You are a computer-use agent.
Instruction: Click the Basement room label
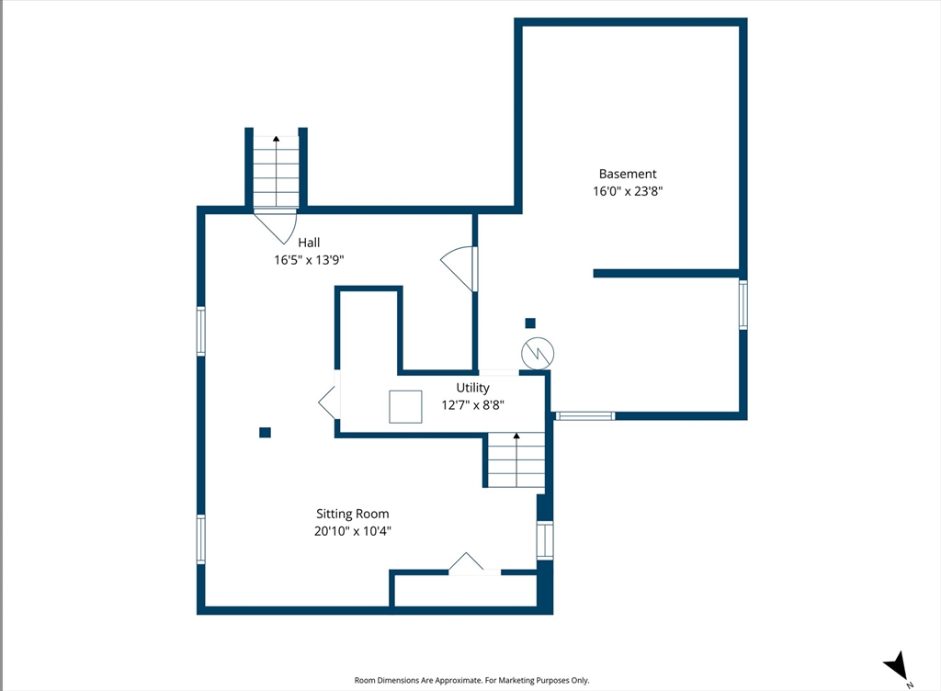point(628,174)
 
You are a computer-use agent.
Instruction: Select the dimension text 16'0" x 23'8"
point(628,191)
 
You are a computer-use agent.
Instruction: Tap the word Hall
point(309,243)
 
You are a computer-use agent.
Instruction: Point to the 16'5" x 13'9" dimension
point(309,260)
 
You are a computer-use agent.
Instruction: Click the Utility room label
point(473,388)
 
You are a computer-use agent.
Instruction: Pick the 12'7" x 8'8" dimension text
point(473,405)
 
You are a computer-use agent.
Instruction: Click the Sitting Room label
point(353,514)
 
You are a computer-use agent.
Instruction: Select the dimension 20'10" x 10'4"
point(353,531)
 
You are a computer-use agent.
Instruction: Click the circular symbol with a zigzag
point(538,353)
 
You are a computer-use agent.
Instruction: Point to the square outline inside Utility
point(405,407)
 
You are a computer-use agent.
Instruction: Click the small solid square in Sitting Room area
point(265,433)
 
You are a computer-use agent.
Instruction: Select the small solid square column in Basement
point(530,323)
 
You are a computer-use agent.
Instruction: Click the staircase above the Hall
point(276,172)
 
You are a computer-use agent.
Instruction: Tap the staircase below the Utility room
point(516,459)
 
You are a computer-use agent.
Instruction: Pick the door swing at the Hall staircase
point(276,225)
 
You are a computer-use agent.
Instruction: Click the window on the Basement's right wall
point(743,305)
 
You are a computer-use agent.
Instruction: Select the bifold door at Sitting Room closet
point(466,561)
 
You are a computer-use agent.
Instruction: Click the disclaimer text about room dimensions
point(471,680)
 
